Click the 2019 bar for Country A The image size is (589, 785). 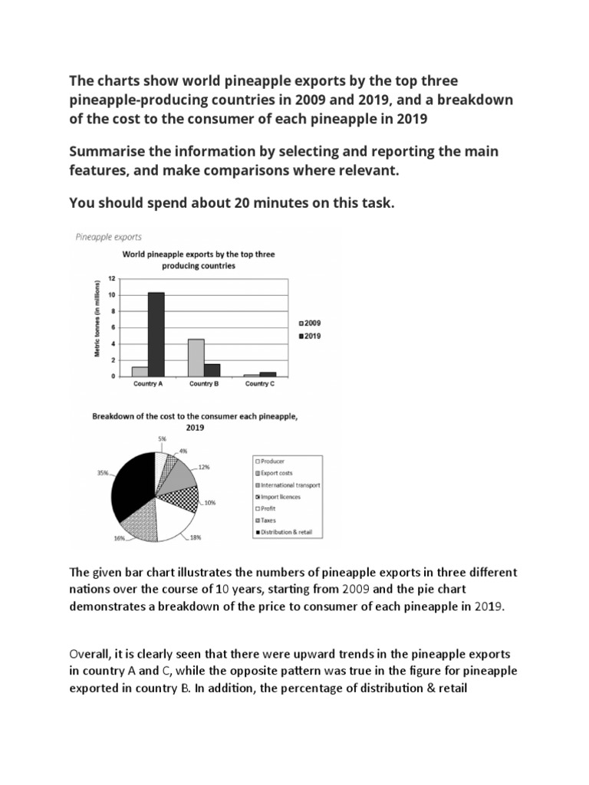(156, 334)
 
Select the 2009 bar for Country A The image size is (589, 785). (140, 371)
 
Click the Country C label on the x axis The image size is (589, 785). (259, 384)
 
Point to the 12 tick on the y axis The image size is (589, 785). (112, 278)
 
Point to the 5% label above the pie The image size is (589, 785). (161, 439)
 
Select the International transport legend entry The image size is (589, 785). (290, 484)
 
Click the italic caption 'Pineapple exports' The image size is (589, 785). (108, 238)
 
